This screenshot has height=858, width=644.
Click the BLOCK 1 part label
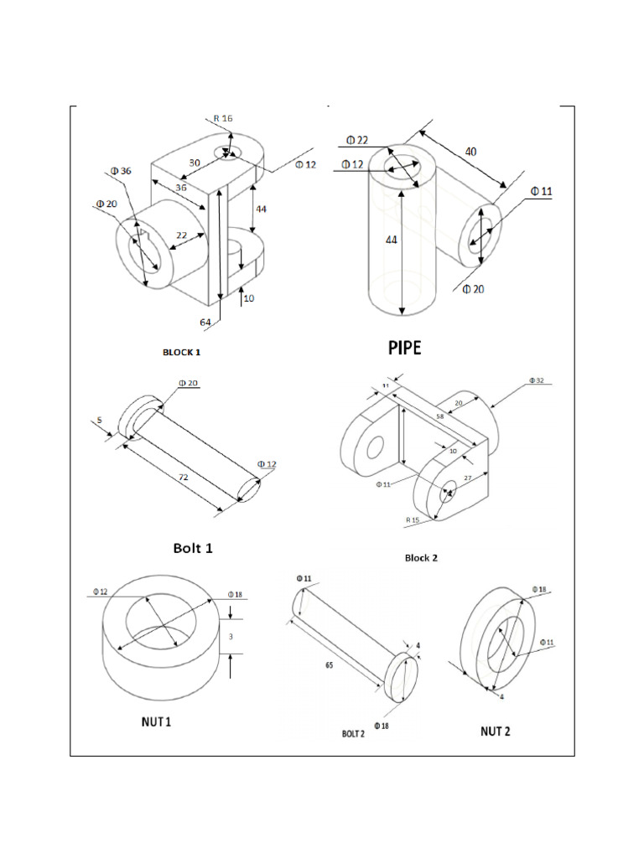click(x=181, y=353)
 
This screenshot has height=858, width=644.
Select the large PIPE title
click(x=404, y=349)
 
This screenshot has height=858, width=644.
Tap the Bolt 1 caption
click(x=193, y=548)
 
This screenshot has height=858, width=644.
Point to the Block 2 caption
click(x=421, y=558)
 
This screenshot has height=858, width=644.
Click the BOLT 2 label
click(x=353, y=733)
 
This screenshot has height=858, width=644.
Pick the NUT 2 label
click(x=495, y=731)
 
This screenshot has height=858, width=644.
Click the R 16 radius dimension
click(x=223, y=119)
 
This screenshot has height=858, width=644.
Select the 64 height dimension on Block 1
click(x=205, y=323)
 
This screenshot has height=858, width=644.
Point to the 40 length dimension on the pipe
click(x=471, y=152)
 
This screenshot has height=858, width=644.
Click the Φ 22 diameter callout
click(x=356, y=140)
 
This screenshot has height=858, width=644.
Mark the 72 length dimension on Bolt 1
click(x=184, y=477)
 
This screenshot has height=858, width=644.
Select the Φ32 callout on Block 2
click(x=536, y=380)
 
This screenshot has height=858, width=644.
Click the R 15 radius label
click(x=413, y=520)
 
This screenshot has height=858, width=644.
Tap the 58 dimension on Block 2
click(x=439, y=416)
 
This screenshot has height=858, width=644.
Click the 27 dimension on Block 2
click(x=469, y=478)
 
